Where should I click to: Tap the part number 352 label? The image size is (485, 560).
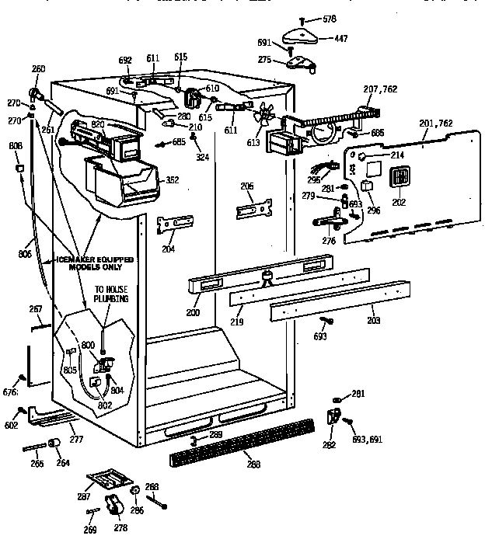[x=172, y=180]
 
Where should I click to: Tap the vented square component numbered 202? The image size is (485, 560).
[x=399, y=179]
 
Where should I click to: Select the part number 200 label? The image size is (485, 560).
[x=193, y=312]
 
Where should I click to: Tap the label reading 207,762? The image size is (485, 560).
[x=381, y=89]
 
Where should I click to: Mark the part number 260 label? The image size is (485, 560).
[x=38, y=69]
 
